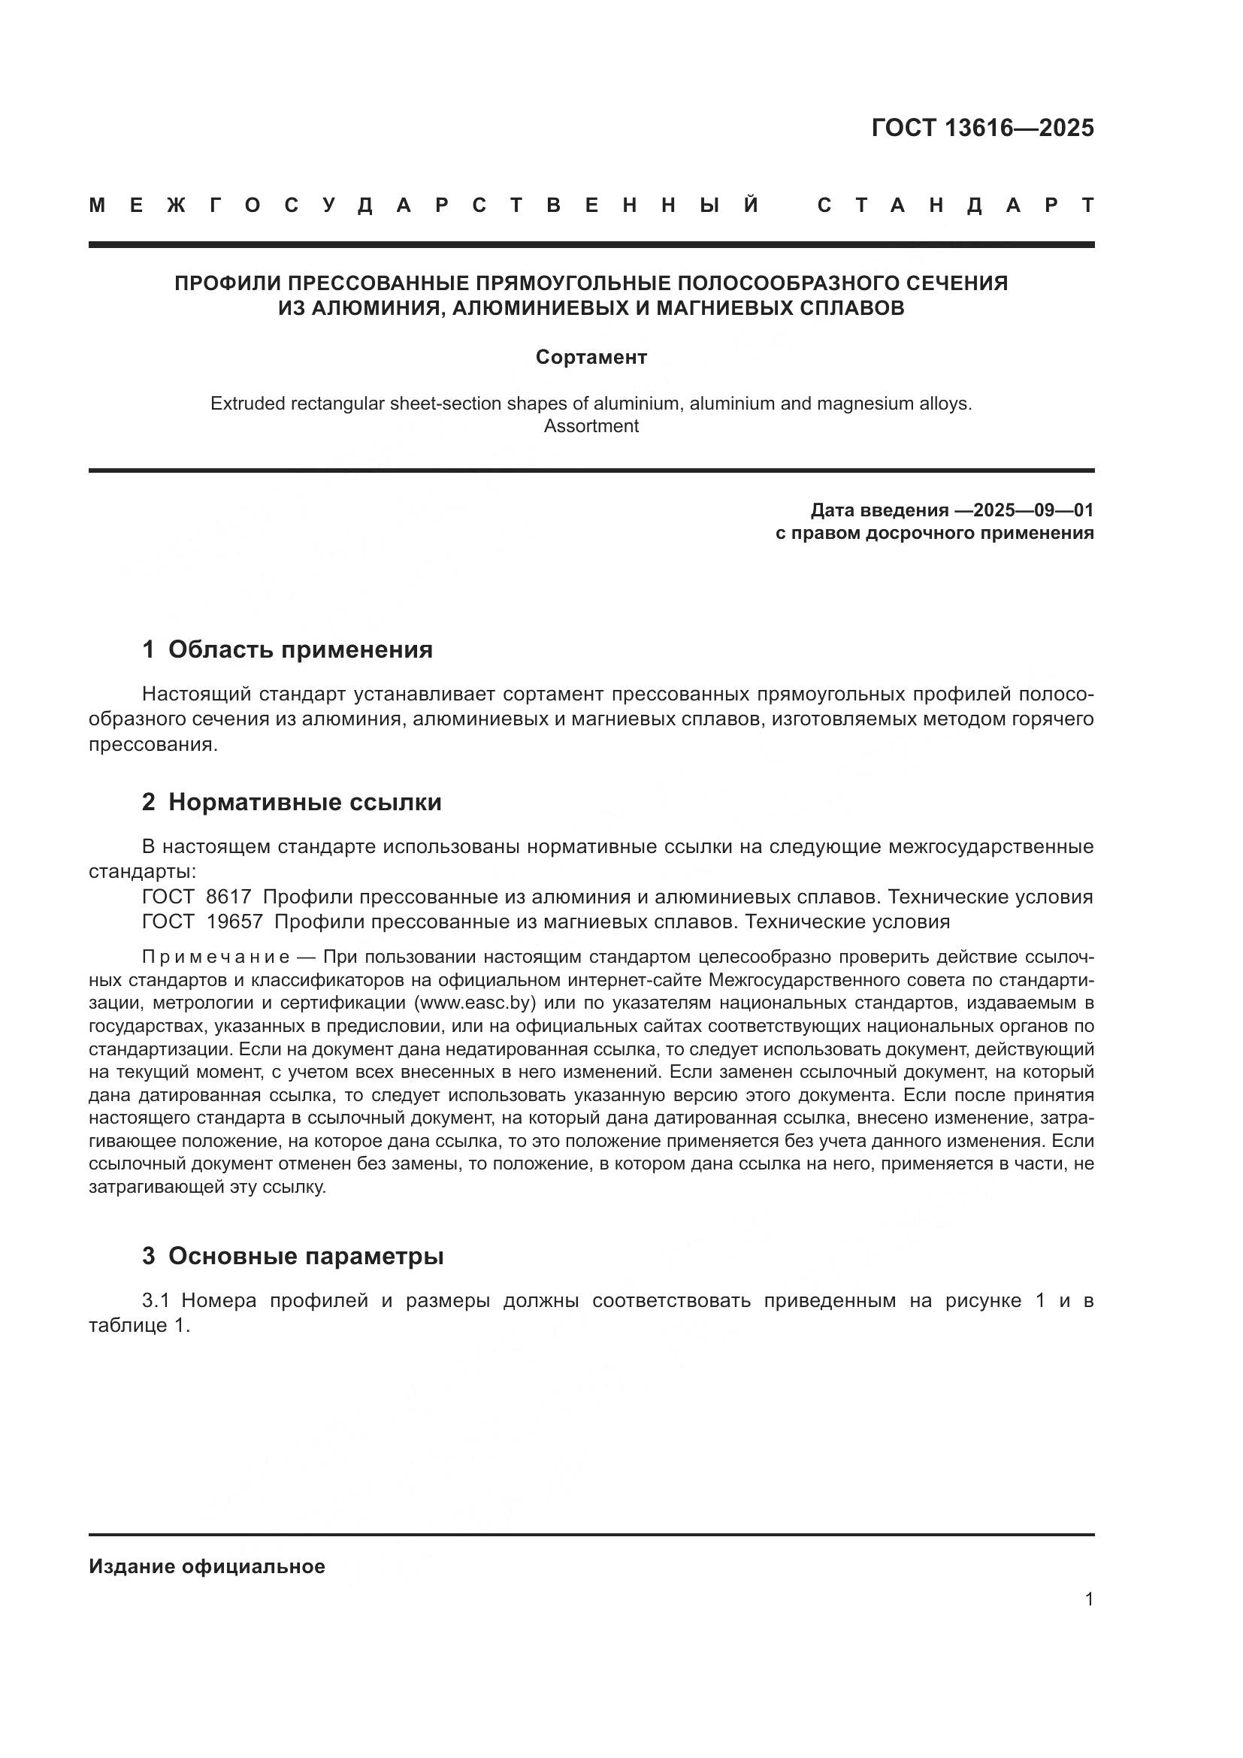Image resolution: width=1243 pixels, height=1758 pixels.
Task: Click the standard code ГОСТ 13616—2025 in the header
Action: pos(982,128)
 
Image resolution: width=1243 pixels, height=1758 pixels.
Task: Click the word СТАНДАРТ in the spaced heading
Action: pos(955,205)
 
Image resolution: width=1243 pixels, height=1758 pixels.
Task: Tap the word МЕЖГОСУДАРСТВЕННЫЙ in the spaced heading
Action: pos(425,205)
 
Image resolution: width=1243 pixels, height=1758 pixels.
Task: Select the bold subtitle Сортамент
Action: pos(591,357)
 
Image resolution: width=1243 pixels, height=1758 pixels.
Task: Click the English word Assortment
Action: pos(591,425)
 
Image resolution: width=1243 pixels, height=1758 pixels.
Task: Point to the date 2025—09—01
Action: pos(1033,510)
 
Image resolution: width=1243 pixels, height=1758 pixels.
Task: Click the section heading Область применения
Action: pos(300,649)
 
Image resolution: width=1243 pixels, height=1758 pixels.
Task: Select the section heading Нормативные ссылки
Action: pos(304,802)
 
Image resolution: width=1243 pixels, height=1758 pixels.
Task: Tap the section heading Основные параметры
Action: pos(305,1256)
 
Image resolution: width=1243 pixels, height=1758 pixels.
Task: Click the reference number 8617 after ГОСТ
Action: pos(229,897)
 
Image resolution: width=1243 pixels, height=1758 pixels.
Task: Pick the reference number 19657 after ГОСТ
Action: pos(234,921)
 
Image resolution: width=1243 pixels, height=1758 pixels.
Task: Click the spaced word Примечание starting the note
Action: pos(216,957)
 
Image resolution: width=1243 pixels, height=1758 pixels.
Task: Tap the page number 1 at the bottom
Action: pos(1089,1599)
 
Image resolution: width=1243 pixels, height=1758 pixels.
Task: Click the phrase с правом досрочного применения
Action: pos(934,533)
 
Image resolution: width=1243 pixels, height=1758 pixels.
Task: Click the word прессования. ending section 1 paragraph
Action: pos(153,744)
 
